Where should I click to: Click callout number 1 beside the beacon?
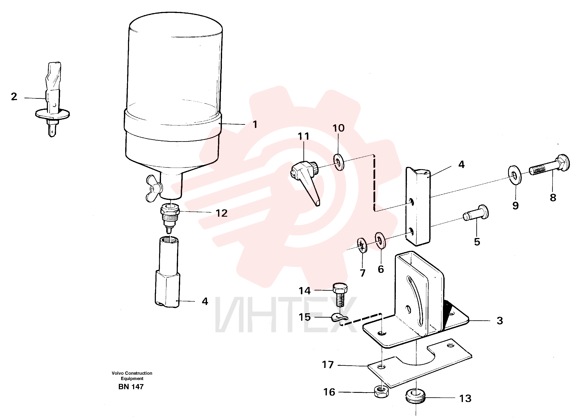(x=255, y=124)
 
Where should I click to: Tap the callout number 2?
(x=14, y=96)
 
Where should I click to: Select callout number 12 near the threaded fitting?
(x=222, y=213)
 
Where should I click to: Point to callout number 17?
(x=328, y=365)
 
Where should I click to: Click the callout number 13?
(x=465, y=399)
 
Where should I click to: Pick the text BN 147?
(x=131, y=387)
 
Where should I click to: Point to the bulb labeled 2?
(x=53, y=99)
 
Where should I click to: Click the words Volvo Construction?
(x=132, y=373)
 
